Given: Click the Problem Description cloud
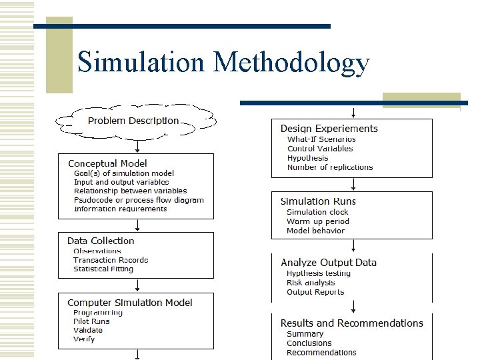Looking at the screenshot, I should point(133,121).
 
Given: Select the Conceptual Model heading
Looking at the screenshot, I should point(107,163).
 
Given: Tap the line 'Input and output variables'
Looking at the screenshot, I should point(121,182).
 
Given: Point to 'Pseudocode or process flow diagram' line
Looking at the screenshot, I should point(139,200).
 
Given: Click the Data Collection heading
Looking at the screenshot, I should point(101,241).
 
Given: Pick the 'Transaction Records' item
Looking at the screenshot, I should point(111,260).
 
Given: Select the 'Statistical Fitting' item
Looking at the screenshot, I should point(103,269).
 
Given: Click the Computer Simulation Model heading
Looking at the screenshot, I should point(130,303).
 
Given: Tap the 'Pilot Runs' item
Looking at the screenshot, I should point(91,321).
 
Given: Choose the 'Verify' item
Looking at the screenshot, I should point(84,339).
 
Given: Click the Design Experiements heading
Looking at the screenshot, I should point(329,129).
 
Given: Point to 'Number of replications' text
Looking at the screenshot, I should point(330,167).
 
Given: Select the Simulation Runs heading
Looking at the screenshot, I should point(318,201).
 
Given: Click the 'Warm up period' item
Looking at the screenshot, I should point(318,221).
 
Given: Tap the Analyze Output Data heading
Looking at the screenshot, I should point(329,263).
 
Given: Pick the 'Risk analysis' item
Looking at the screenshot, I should point(311,283).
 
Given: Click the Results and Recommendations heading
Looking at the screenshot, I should point(351,323).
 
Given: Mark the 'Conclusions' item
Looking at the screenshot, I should point(309,343).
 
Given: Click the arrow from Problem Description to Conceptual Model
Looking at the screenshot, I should point(137,146).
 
